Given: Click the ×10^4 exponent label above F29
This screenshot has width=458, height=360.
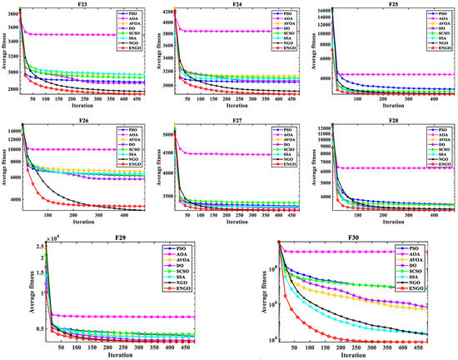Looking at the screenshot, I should click(x=56, y=239).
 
